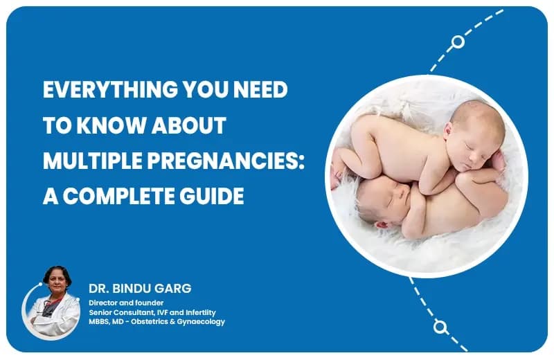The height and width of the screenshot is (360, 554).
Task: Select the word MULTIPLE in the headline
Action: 89,161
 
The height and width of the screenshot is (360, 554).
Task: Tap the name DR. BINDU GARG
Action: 129,287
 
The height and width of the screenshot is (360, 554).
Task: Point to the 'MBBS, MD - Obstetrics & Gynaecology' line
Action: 157,321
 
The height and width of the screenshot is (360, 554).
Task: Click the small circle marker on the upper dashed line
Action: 457,42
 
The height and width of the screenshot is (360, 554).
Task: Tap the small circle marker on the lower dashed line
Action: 439,326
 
